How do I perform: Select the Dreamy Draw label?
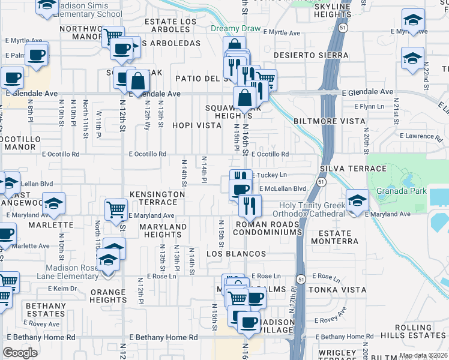236,29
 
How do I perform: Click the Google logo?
20,352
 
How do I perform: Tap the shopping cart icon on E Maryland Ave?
116,209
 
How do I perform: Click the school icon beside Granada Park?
357,200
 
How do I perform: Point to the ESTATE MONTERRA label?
330,237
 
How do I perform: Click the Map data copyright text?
423,355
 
